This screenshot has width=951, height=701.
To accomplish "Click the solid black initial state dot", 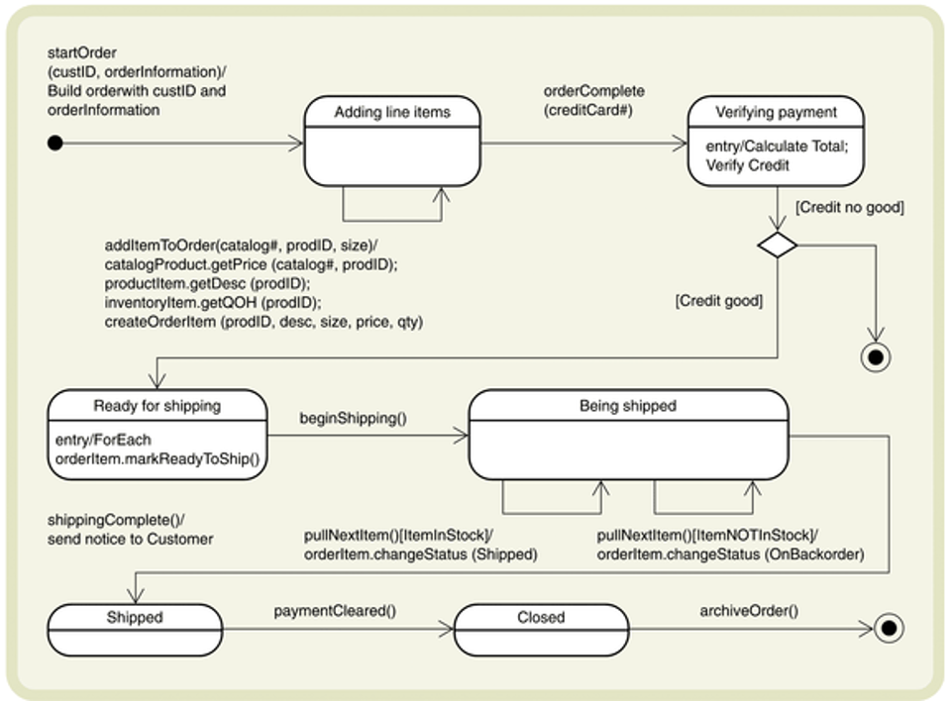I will coord(55,144).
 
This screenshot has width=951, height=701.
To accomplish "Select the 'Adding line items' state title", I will coord(392,112).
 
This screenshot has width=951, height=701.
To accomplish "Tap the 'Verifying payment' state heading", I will coord(776,112).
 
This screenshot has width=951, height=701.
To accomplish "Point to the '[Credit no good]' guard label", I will coord(849,207).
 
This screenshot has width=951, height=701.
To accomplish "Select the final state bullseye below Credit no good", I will coord(876,357).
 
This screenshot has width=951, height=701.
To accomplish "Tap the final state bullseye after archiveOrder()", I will coord(889,628).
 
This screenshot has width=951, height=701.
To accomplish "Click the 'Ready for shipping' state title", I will coord(158,405).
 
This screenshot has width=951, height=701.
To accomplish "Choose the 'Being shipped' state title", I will coord(628,405).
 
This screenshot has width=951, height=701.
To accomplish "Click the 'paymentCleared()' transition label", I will coord(335,611).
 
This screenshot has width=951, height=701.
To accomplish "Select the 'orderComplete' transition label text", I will coord(593,90).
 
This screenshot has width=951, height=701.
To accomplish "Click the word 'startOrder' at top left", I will coord(82,52).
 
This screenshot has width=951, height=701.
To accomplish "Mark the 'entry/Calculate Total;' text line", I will coord(777,147).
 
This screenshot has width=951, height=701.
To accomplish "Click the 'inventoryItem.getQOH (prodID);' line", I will coord(213,302).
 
